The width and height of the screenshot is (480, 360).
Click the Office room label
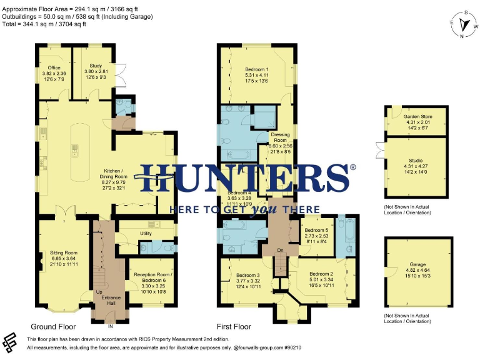53,68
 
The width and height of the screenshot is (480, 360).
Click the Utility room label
146,233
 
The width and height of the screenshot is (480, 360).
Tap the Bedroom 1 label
257,69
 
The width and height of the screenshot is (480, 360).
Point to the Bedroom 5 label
316,230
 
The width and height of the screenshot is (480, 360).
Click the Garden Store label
417,116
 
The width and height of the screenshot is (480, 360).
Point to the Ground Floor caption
53,327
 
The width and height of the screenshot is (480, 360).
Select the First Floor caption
234,327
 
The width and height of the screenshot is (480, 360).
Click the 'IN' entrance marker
111,326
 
